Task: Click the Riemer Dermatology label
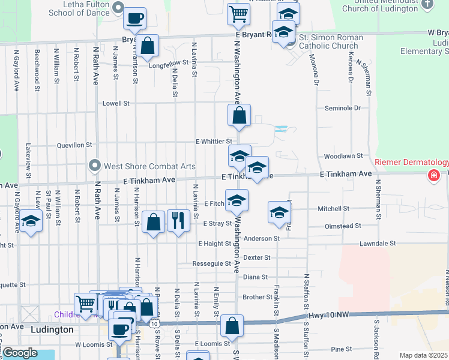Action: [x=412, y=163]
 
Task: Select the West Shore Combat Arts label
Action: [x=142, y=166]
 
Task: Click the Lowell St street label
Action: [x=116, y=103]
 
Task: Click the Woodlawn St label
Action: [x=343, y=155]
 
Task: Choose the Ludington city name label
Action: [x=52, y=330]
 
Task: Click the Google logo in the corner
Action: [x=20, y=353]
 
